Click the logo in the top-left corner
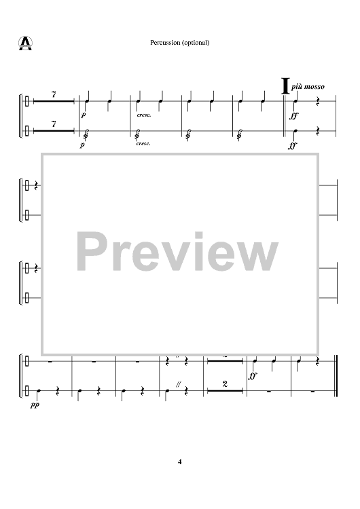click(x=25, y=43)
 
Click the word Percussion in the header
click(x=165, y=43)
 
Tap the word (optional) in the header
click(x=196, y=43)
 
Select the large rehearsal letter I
click(x=285, y=86)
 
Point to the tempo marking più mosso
click(x=308, y=86)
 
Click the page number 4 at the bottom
click(x=180, y=461)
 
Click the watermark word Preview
click(x=177, y=252)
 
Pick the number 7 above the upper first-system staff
click(x=54, y=94)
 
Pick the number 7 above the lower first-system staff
click(x=54, y=124)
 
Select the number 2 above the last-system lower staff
click(x=225, y=384)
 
